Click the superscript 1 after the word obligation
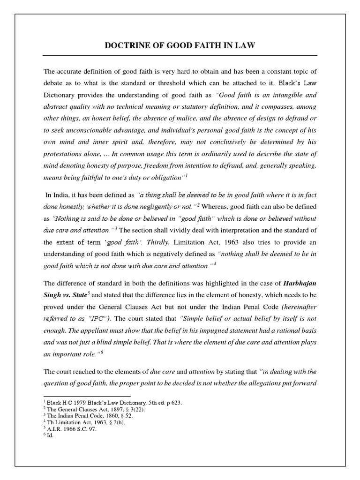click(x=186, y=175)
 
